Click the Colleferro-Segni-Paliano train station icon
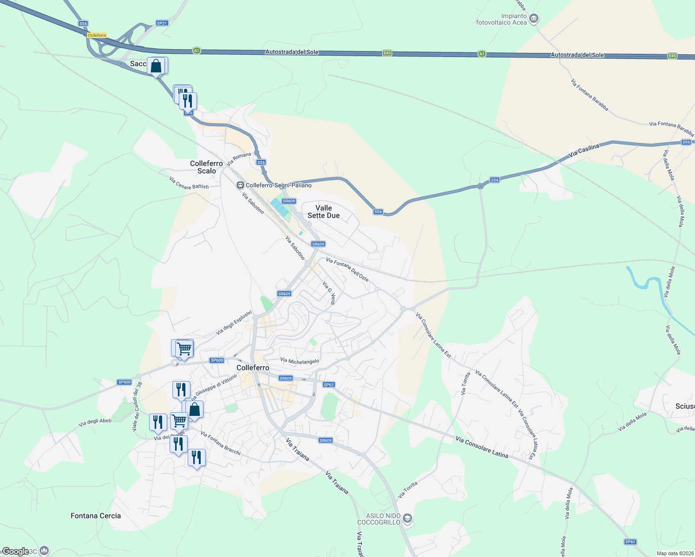point(240,185)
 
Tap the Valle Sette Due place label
point(323,212)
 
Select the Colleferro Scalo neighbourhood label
point(206,167)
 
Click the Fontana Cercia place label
point(96,516)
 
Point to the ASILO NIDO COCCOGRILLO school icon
point(407,518)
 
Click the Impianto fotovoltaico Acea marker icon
point(534,19)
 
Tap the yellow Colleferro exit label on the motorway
point(97,35)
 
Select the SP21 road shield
point(162,23)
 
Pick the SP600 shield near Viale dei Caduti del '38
point(125,382)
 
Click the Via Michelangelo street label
point(300,361)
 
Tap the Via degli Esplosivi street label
point(234,323)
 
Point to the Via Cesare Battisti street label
point(189,183)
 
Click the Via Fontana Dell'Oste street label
point(347,270)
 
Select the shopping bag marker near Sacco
point(157,66)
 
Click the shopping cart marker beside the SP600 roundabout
point(184,348)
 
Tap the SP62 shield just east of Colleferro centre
point(328,384)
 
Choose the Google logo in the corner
point(15,551)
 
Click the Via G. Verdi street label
point(328,293)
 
